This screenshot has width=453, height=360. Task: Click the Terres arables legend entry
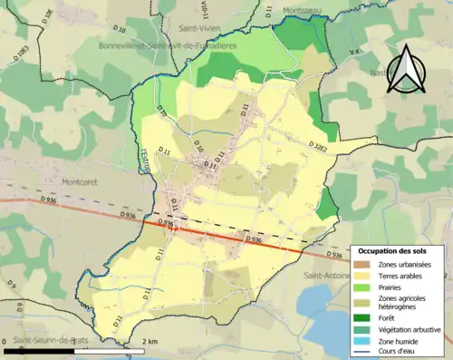click(x=402, y=275)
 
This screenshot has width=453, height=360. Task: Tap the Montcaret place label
click(x=83, y=168)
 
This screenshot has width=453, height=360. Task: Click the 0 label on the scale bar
click(x=6, y=340)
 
